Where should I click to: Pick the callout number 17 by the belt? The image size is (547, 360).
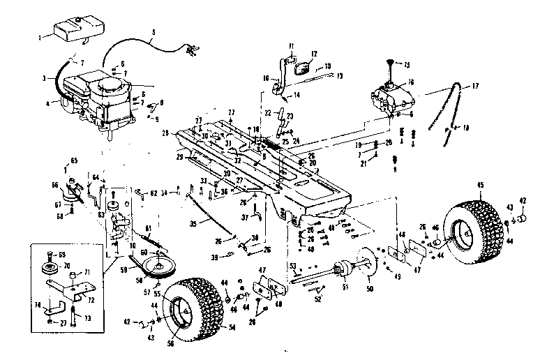coord(476,86)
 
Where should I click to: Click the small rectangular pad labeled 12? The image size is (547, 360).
coord(304,69)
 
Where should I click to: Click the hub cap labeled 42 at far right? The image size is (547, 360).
coord(523,221)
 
